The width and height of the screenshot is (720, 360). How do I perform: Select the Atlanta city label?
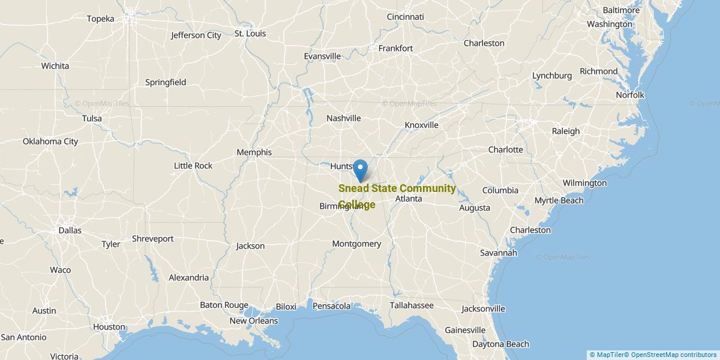(x=409, y=199)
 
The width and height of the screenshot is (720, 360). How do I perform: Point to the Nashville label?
(x=344, y=118)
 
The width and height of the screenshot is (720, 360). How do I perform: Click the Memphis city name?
(x=254, y=152)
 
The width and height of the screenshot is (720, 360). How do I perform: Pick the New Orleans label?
(x=254, y=321)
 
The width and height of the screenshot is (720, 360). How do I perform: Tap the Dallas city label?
(x=70, y=230)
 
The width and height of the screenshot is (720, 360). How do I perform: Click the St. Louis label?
(x=250, y=34)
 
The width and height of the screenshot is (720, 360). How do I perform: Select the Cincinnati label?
(x=405, y=17)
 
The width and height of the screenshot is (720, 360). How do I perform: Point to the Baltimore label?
(x=621, y=10)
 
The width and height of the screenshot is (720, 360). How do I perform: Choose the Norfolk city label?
(x=630, y=95)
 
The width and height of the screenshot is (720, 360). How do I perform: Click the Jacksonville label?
(x=483, y=309)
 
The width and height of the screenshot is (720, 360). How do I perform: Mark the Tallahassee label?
(x=412, y=305)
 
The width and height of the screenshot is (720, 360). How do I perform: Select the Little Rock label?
(x=193, y=166)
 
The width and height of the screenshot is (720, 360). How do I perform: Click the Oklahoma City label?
(x=50, y=142)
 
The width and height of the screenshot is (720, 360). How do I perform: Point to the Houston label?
(x=109, y=327)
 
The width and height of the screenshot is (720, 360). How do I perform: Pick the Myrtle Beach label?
(x=559, y=200)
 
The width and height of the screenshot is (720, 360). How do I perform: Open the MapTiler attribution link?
(x=607, y=355)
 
